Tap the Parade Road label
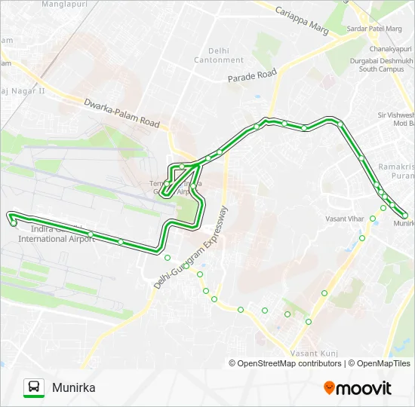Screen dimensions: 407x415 tap(253, 76)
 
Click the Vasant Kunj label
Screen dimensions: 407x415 tap(312, 353)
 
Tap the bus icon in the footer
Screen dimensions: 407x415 tap(34, 387)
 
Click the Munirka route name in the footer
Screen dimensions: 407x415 tap(74, 388)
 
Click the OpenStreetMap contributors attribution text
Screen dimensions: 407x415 tap(285, 363)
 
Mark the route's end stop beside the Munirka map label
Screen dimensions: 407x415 tap(405, 216)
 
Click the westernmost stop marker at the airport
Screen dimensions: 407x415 tap(14, 223)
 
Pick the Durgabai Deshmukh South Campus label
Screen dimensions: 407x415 tap(386, 64)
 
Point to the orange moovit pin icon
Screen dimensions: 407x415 tap(329, 388)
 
